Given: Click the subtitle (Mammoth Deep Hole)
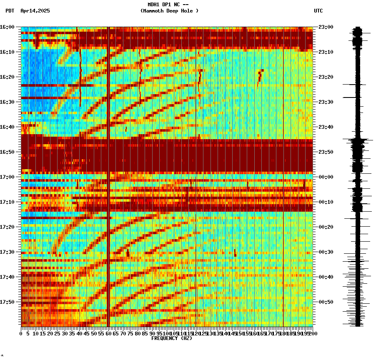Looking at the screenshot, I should pos(169,11).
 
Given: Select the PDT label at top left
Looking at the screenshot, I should pos(10,11).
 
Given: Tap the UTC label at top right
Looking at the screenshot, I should pos(318,11).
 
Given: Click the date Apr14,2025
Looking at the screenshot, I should pos(35,11).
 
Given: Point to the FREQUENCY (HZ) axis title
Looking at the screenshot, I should pos(171,338).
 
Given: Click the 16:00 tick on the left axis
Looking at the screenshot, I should pos(8,27).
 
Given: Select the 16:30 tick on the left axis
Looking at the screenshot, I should pos(8,102).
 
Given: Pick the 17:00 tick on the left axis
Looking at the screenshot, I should pos(8,177).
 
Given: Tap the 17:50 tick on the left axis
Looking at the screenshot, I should pos(8,302).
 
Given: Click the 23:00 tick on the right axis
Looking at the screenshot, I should pos(326,27).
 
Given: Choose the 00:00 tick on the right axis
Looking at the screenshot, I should pos(326,177).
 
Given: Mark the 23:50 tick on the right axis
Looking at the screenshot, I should pos(326,152).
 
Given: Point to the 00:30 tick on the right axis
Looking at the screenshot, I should pos(326,252).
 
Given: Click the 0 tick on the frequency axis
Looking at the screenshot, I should pos(21,333).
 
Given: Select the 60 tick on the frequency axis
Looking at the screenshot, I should pos(108,333).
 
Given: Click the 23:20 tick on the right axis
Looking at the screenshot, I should pos(326,77).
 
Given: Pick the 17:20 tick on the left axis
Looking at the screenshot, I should pos(8,227).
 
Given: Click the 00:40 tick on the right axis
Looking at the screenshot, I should pos(326,277).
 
